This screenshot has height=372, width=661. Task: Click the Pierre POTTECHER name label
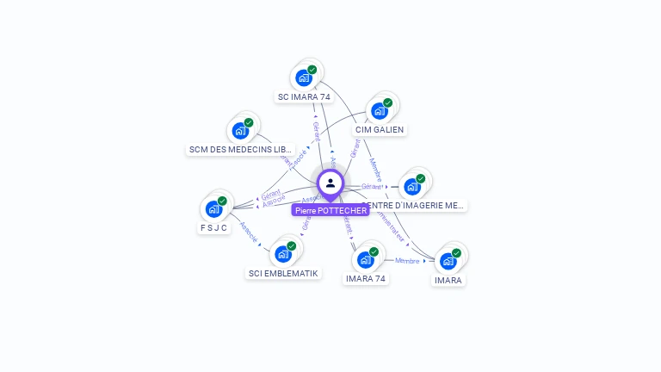(330, 210)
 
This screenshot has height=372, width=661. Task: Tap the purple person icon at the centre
(330, 183)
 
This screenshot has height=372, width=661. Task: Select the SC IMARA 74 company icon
(304, 77)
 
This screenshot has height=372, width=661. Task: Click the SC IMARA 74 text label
(304, 97)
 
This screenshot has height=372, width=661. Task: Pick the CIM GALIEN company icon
(379, 110)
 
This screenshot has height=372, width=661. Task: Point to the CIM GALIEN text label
(380, 130)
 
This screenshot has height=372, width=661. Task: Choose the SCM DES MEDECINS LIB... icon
(240, 131)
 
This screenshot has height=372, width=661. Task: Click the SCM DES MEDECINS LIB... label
(241, 150)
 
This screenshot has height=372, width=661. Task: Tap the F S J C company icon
(213, 209)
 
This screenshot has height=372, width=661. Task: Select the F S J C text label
(213, 228)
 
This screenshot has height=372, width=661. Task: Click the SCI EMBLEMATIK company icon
(283, 254)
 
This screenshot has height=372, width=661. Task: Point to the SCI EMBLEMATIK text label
(283, 274)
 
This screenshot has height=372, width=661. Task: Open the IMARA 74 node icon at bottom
(366, 259)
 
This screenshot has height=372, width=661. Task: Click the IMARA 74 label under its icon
(367, 279)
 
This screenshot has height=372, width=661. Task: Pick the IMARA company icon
(448, 260)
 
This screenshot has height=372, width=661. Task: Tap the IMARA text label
(448, 280)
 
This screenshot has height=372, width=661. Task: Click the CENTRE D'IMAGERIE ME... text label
(415, 206)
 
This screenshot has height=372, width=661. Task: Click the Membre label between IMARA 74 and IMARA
(407, 260)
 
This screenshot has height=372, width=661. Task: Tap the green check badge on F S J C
(222, 201)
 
